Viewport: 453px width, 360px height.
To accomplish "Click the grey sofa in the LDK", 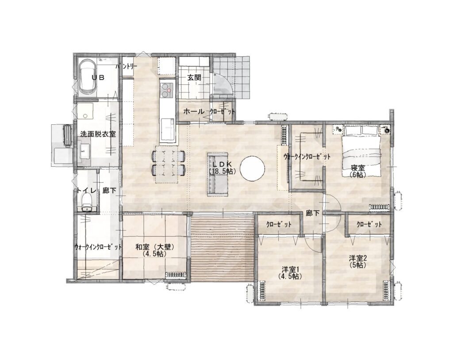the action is tap(218, 175).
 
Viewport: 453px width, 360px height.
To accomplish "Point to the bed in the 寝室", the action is tap(362, 152).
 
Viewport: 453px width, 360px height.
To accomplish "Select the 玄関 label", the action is tap(194, 77).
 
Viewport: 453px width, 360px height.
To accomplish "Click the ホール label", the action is tap(194, 111).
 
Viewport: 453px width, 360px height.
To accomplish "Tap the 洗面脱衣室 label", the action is tap(98, 134).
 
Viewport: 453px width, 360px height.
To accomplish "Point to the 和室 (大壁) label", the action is tap(155, 247).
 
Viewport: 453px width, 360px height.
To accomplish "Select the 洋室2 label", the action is tap(357, 258).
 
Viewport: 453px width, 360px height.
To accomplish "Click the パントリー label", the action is tap(127, 66).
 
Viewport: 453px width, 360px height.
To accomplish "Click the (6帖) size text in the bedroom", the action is tap(357, 175).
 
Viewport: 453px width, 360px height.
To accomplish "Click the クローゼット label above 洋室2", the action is tap(369, 224).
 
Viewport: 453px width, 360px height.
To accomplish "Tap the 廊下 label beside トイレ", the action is tap(110, 191).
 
